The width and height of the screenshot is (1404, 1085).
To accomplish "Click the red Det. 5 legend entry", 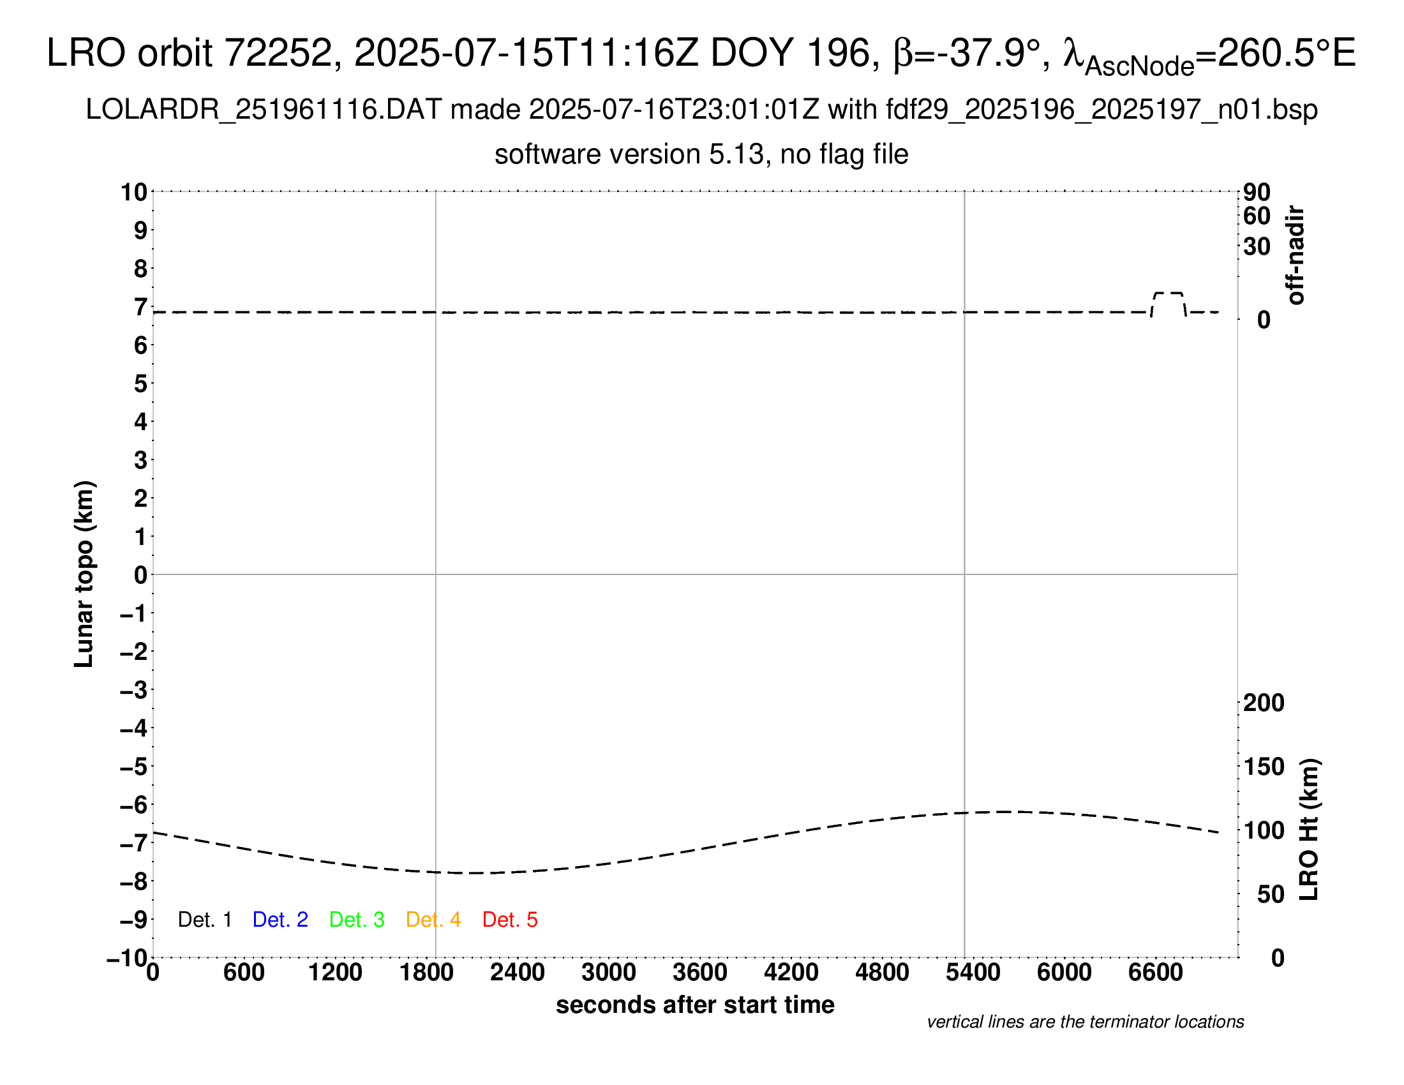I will (510, 920).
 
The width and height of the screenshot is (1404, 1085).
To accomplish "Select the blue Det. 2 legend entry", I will (280, 920).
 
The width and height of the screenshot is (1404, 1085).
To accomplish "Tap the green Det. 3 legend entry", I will (357, 920).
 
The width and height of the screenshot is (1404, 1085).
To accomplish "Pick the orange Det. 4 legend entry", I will (433, 920).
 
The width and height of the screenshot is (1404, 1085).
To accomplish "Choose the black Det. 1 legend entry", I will (204, 920).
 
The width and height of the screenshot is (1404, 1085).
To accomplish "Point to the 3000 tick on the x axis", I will (609, 973).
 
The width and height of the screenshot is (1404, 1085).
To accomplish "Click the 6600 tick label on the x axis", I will (1155, 973).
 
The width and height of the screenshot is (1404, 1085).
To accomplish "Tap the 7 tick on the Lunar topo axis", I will (140, 307).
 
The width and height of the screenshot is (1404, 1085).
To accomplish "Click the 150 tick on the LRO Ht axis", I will (1263, 767).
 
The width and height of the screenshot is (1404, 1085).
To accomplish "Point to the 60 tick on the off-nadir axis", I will (1257, 216).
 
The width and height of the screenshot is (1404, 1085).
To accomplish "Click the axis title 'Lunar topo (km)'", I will (84, 574).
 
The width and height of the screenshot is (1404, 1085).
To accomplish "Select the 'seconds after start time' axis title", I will (695, 1005).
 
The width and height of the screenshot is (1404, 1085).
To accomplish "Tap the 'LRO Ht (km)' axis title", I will (1310, 830).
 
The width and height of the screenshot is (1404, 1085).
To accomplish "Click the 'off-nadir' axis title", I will (1296, 255).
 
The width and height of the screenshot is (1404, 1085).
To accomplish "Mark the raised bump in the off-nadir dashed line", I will (1168, 294).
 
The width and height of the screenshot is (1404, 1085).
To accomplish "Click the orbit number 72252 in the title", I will (278, 53).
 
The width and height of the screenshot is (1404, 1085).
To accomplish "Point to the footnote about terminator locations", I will (1085, 1022).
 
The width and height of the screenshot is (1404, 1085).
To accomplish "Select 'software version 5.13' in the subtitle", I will (630, 154).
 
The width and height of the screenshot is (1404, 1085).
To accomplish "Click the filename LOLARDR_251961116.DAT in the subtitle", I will (264, 110).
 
